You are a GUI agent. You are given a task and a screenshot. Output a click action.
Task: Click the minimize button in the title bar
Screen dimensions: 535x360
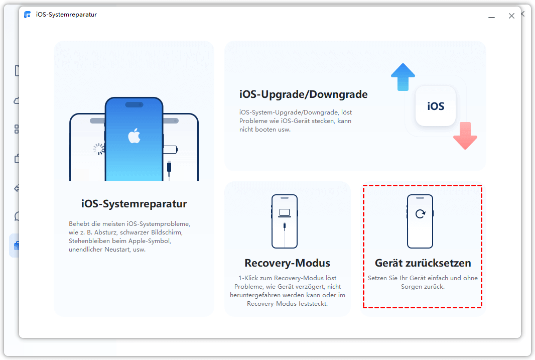[x=491, y=17]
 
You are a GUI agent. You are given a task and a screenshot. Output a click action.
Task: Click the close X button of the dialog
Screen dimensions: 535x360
[x=511, y=16]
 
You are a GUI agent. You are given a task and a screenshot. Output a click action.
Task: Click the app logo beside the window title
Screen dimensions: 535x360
[x=27, y=15]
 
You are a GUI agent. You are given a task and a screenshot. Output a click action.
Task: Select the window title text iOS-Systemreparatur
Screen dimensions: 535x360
[x=67, y=15]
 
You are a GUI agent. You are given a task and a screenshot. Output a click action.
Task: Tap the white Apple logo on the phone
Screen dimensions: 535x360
[x=134, y=136]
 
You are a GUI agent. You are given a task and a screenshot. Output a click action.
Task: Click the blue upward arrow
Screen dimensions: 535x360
[x=403, y=77]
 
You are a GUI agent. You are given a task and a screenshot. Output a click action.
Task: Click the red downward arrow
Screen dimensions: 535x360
[x=465, y=136]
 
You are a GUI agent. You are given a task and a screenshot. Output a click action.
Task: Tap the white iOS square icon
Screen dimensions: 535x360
[x=436, y=106]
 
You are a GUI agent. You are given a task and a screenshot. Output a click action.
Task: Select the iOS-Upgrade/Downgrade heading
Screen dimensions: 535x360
[x=303, y=94]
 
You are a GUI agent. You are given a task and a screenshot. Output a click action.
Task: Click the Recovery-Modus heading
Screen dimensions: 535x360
[x=287, y=263]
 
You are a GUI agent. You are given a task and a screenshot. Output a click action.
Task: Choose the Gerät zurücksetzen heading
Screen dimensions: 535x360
[x=423, y=263]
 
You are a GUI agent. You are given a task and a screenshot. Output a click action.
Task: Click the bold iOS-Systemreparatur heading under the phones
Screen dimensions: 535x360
[x=133, y=204]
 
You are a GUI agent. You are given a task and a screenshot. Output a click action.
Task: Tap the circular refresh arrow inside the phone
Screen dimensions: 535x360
[x=421, y=213]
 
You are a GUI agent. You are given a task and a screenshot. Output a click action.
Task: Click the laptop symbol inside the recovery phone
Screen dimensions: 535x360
[x=285, y=213]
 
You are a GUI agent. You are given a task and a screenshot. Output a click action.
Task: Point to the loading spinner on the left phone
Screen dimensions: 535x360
[x=98, y=149]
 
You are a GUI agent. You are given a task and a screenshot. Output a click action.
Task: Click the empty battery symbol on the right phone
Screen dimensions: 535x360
[x=170, y=150]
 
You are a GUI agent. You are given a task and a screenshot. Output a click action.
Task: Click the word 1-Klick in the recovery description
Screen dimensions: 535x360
[x=248, y=278]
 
